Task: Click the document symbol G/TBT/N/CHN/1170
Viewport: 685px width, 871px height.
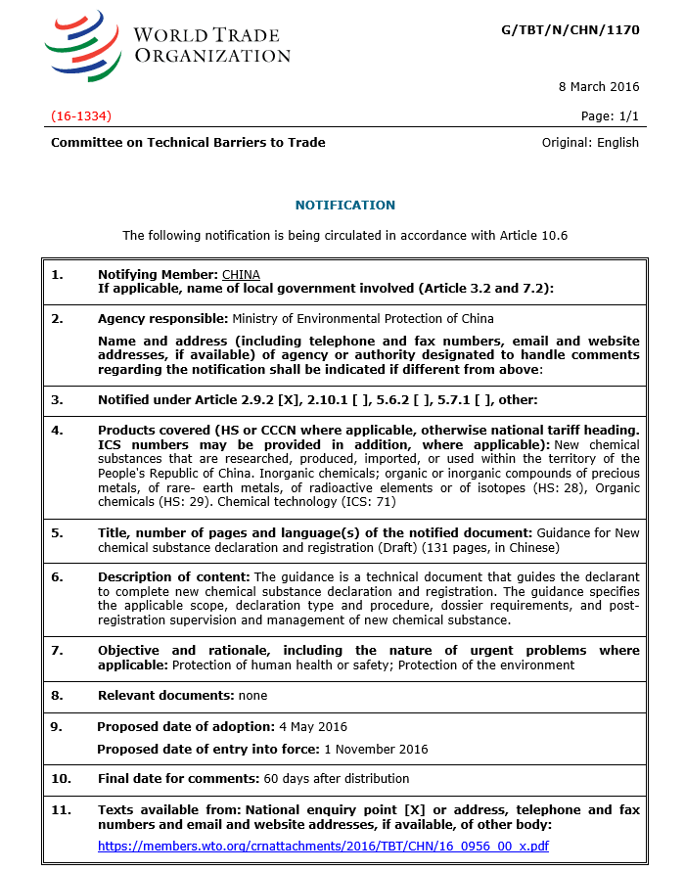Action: click(570, 30)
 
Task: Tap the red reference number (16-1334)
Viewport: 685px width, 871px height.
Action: click(81, 116)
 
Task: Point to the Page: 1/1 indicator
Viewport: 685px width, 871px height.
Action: click(610, 116)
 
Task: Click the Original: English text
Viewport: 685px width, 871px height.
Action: click(590, 143)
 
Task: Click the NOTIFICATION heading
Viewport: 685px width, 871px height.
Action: click(345, 206)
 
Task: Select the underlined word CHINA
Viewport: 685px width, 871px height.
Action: click(241, 274)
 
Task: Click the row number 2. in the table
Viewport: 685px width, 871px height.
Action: click(58, 319)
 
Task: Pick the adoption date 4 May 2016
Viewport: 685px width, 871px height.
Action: click(313, 726)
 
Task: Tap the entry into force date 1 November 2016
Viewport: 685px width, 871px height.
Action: click(376, 749)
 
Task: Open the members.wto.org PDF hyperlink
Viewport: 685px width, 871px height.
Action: click(323, 846)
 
